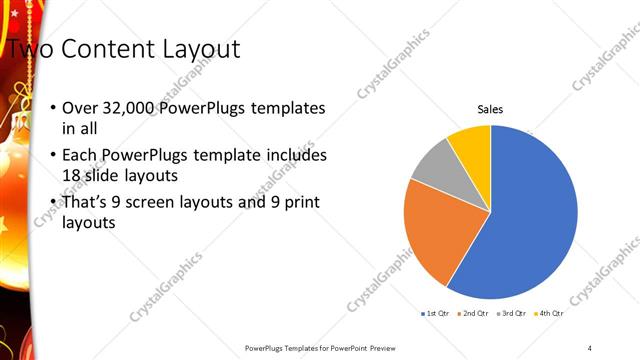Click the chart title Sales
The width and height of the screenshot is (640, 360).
point(490,109)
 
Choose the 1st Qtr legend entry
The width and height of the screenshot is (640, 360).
point(435,314)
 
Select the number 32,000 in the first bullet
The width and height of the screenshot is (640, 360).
point(126,108)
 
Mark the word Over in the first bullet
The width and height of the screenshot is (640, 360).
point(78,108)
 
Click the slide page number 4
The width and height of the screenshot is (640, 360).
point(590,347)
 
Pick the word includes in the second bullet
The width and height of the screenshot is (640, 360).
point(297,155)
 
